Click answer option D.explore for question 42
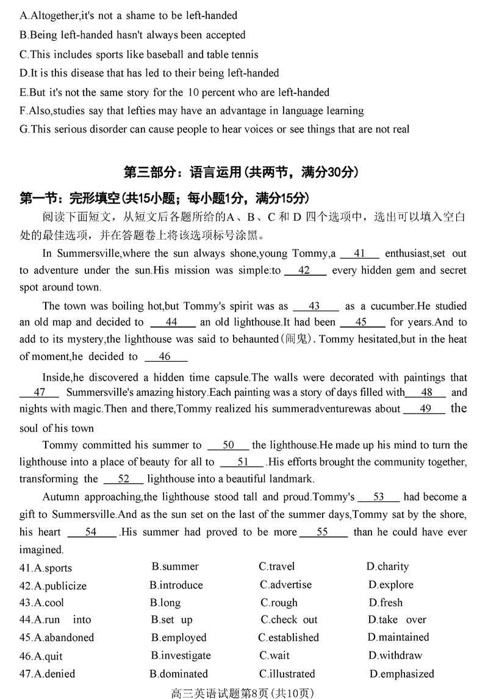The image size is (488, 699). tap(390, 585)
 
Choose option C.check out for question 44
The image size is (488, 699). tap(289, 620)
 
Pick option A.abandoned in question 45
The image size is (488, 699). tap(57, 638)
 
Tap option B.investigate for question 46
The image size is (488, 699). tap(181, 656)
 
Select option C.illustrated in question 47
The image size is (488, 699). tap(287, 674)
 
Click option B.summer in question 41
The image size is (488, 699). tap(175, 567)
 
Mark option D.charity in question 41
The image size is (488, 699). tap(387, 567)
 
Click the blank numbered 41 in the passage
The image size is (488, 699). tap(359, 254)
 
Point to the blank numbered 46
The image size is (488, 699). tap(165, 357)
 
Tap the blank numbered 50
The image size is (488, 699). tap(228, 445)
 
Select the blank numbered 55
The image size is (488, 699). tap(323, 532)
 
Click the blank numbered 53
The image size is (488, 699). tap(378, 497)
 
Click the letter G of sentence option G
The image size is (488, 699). tap(24, 129)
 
